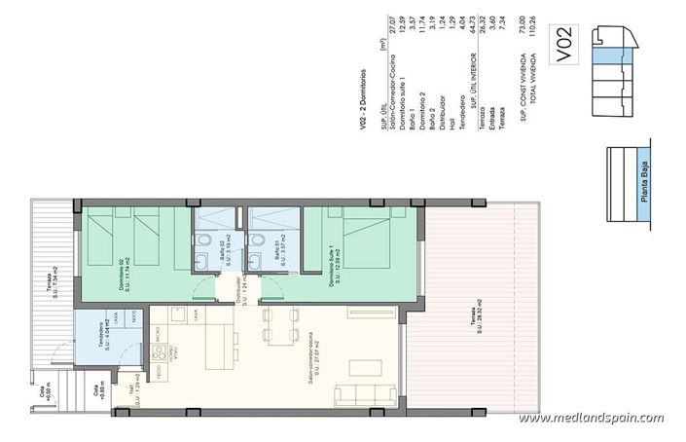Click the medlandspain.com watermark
click(x=592, y=419)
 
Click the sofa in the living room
click(x=366, y=395)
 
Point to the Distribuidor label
click(x=235, y=291)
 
